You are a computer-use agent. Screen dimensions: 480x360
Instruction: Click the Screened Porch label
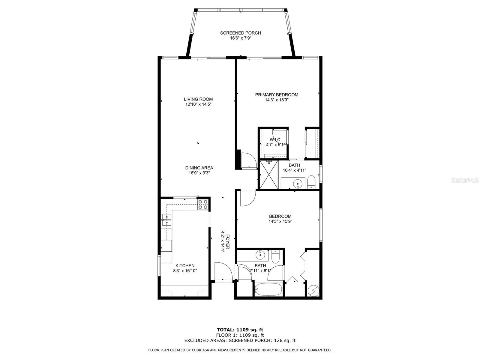coord(240,33)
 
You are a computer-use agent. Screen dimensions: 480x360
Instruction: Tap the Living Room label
coord(198,99)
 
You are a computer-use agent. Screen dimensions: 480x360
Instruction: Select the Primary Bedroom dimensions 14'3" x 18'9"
coord(277,100)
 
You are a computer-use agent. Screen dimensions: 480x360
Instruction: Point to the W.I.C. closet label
coord(275,140)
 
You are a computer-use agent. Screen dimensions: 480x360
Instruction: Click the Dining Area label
coord(199,168)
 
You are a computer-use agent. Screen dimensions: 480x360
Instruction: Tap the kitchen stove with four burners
coord(203,204)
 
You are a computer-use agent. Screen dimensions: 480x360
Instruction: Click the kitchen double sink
coord(166,220)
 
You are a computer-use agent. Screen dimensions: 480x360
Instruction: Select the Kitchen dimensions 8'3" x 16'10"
coord(185,271)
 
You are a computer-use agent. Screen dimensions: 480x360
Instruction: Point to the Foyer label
coord(228,242)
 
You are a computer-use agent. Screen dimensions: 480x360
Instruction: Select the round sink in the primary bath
coord(297,183)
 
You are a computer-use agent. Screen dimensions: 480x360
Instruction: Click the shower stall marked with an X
coord(268,174)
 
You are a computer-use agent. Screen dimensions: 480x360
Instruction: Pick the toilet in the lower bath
coord(275,256)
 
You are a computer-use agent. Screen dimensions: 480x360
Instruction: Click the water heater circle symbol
coord(313,291)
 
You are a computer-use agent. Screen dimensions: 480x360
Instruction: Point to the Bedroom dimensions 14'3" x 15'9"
coord(280,221)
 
